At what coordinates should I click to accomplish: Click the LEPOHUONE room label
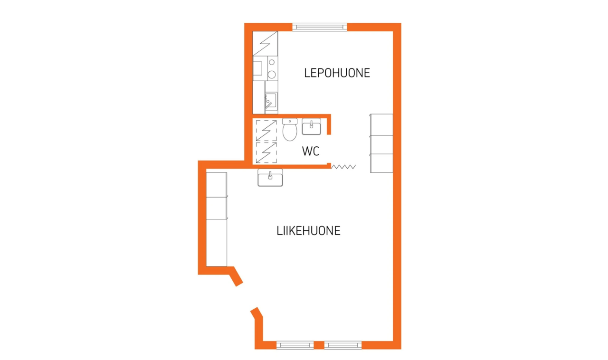337,73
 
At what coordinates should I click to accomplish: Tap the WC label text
311,152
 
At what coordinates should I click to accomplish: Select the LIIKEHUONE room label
308,231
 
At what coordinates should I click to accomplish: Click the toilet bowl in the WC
290,132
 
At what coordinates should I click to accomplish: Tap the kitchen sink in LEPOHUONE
271,101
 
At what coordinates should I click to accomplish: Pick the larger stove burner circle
272,74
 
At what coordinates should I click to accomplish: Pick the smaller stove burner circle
272,62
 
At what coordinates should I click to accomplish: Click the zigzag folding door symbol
344,167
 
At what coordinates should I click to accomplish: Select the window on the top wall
320,27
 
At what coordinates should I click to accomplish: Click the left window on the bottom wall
295,345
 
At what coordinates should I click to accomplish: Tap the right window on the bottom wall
342,345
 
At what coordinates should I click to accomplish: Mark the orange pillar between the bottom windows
319,345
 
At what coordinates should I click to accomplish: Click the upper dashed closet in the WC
266,130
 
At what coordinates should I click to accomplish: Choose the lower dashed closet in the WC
266,152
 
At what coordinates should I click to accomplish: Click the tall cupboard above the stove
265,44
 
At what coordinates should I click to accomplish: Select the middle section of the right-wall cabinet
381,144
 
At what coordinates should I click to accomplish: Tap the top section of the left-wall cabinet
217,184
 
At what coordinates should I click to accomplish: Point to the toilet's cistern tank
290,121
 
